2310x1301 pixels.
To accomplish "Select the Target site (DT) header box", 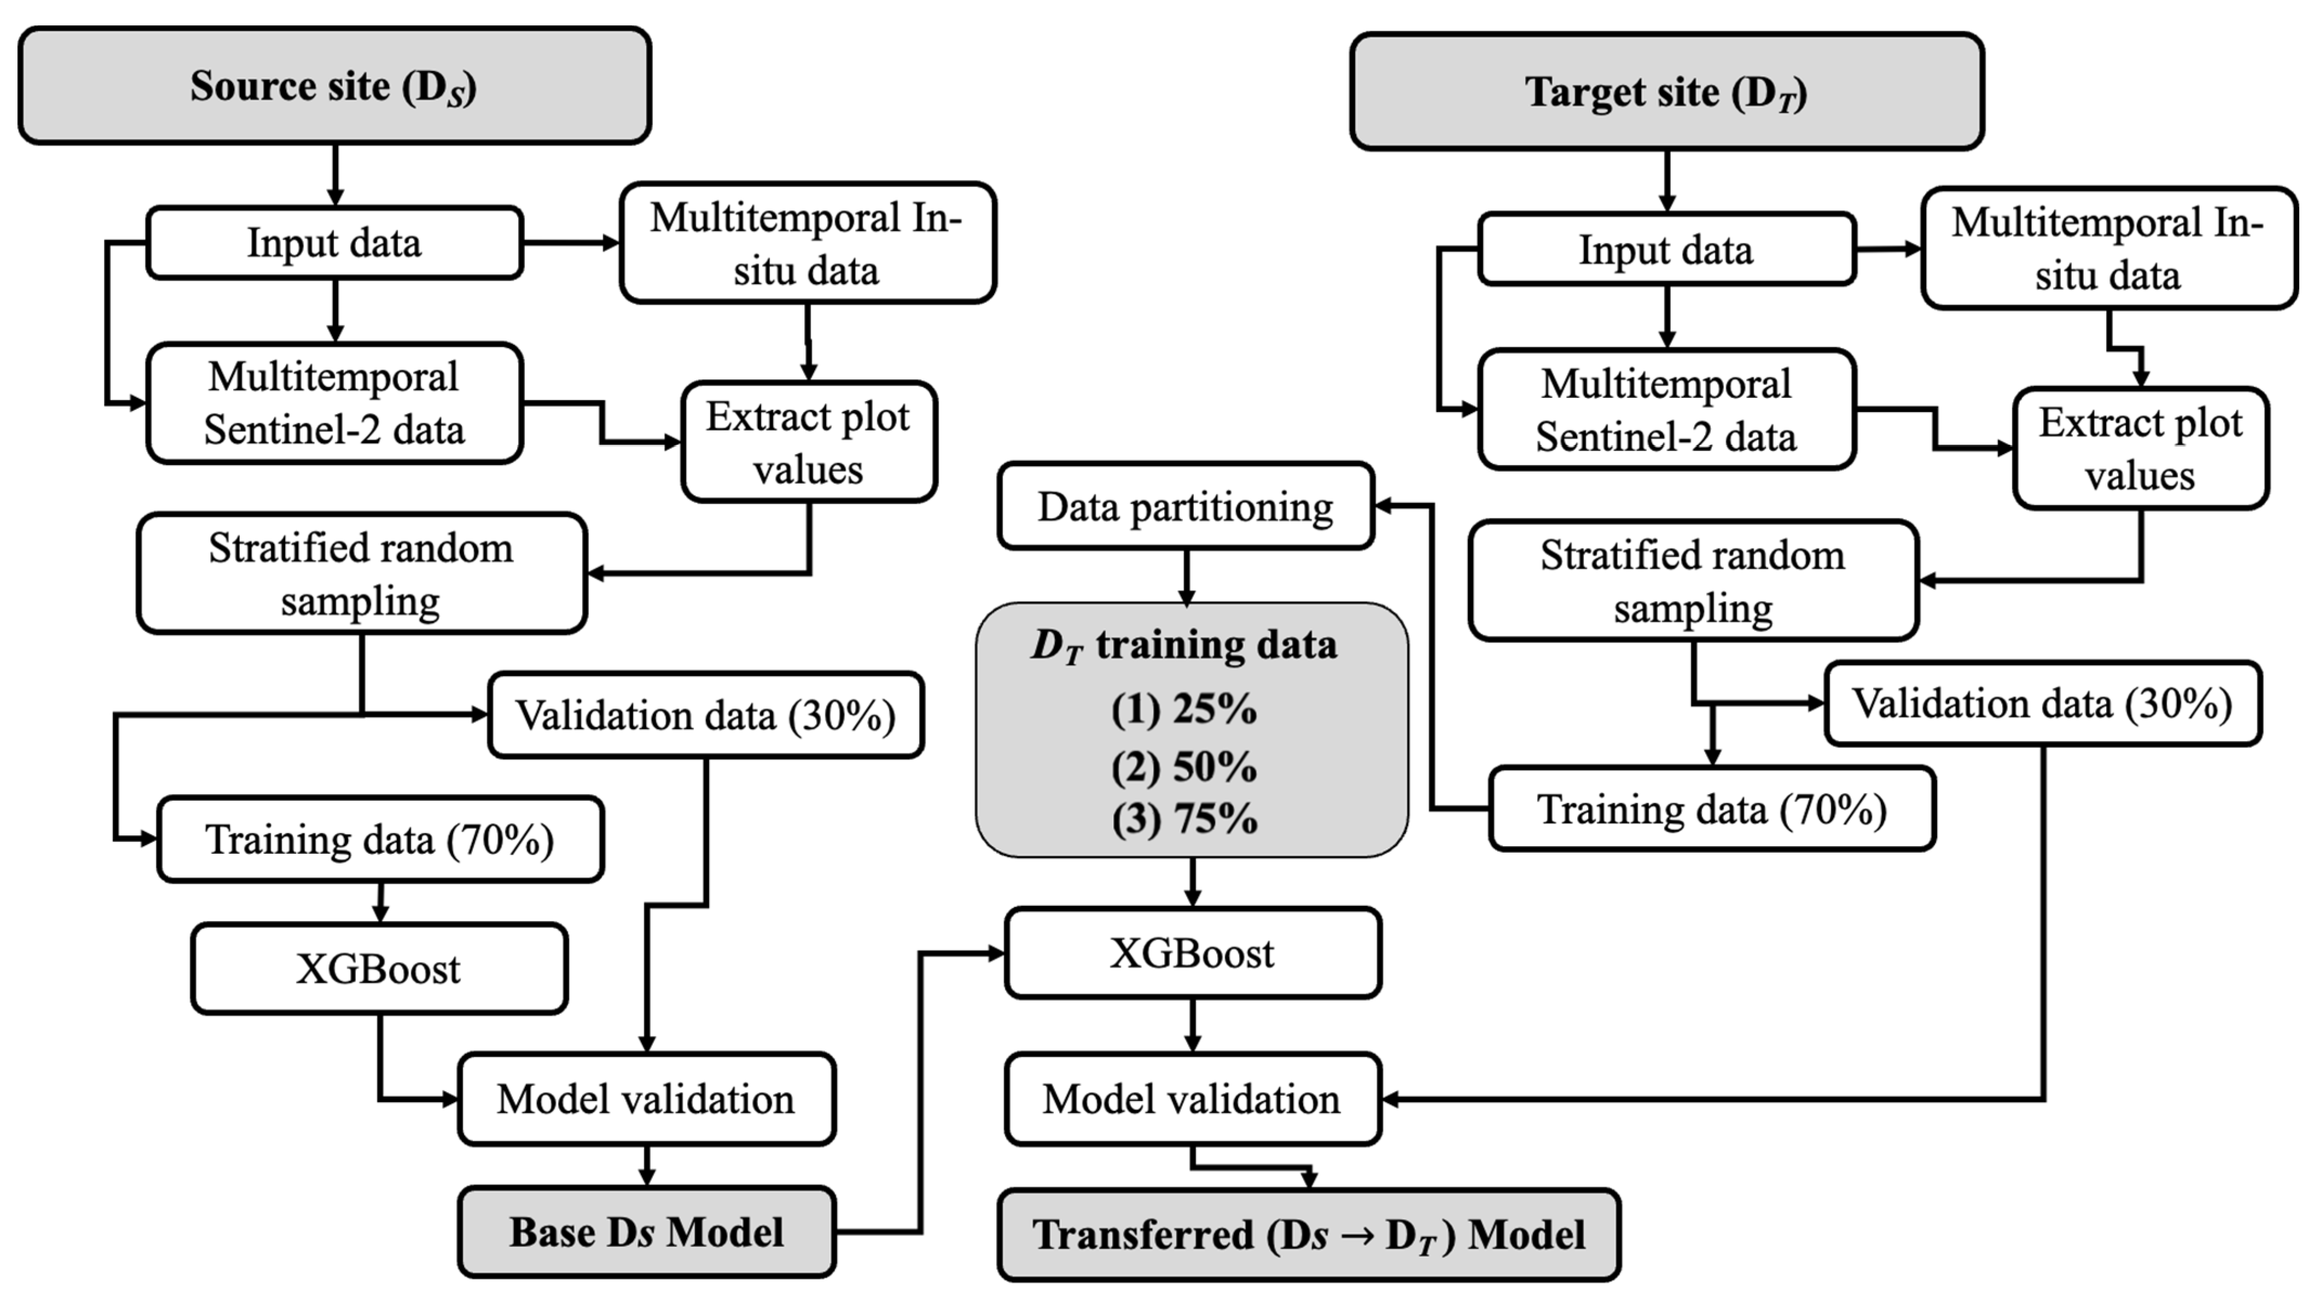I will click(x=1666, y=92).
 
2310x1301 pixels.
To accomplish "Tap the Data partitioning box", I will click(x=1185, y=507).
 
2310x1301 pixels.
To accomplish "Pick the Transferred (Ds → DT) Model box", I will click(x=1308, y=1235).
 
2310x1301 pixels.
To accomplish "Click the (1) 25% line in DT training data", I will click(x=1184, y=709).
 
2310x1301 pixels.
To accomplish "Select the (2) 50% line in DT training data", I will click(x=1184, y=767).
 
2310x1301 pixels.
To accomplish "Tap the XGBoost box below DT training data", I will click(x=1192, y=953).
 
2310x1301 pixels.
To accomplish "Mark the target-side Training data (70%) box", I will click(x=1712, y=809).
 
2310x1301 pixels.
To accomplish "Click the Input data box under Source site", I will click(x=333, y=243).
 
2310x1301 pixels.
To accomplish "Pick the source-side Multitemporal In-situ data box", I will click(x=807, y=243).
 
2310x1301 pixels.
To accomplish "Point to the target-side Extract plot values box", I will click(x=2140, y=448).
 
